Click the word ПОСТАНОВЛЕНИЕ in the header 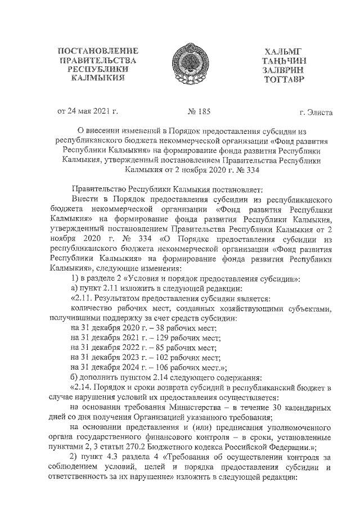[98, 52]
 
